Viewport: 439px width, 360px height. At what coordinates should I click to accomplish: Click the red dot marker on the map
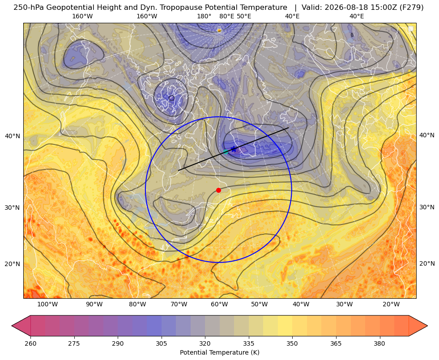[219, 190]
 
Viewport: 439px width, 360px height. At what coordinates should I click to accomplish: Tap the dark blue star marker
[234, 149]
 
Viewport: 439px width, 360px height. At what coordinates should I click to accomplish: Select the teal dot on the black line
[226, 152]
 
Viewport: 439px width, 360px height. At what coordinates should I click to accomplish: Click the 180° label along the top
[204, 16]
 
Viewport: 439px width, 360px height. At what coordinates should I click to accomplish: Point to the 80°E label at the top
[226, 16]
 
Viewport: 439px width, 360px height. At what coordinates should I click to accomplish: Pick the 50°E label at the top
[244, 16]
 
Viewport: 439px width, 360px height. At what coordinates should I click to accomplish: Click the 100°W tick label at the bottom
[47, 305]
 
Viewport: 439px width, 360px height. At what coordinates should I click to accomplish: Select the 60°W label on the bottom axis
[219, 305]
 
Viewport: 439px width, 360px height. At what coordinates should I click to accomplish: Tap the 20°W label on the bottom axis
[391, 305]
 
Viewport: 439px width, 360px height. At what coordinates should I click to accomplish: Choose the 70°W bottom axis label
[179, 305]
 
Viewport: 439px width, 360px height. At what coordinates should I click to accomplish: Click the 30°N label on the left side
[13, 208]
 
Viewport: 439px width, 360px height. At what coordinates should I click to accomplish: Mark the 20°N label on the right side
[427, 263]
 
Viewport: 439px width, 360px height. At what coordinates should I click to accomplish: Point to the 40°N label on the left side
[13, 136]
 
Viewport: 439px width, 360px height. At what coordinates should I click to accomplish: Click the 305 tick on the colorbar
[161, 343]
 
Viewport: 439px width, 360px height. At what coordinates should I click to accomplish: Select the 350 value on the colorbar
[292, 343]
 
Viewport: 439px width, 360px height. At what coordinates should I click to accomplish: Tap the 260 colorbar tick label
[30, 343]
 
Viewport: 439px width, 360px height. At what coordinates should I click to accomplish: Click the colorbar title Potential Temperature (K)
[219, 352]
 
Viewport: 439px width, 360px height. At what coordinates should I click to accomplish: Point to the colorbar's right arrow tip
[427, 326]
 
